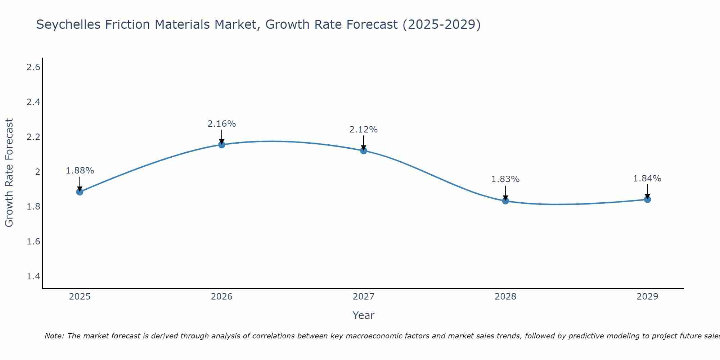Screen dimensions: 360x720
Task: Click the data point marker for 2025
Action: pyautogui.click(x=80, y=192)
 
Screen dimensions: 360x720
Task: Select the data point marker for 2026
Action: pyautogui.click(x=222, y=145)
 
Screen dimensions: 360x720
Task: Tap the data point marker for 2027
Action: pyautogui.click(x=364, y=150)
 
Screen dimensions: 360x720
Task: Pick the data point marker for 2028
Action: pyautogui.click(x=505, y=201)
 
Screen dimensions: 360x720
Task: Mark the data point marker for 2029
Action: pyautogui.click(x=647, y=199)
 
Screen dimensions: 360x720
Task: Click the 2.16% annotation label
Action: pyautogui.click(x=222, y=124)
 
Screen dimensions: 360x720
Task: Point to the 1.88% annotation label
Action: pyautogui.click(x=80, y=171)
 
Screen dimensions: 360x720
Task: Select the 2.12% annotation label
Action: pyautogui.click(x=364, y=130)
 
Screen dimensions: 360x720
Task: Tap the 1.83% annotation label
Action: pyautogui.click(x=505, y=179)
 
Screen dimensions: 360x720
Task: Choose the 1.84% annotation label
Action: pyautogui.click(x=647, y=179)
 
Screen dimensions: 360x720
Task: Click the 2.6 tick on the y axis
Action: pyautogui.click(x=33, y=67)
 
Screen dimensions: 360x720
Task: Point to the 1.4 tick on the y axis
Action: pyautogui.click(x=33, y=276)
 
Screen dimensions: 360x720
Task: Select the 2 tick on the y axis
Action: pyautogui.click(x=37, y=172)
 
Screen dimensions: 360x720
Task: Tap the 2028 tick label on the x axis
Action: pyautogui.click(x=505, y=297)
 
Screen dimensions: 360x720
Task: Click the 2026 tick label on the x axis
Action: pyautogui.click(x=222, y=297)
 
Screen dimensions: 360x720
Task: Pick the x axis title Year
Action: pyautogui.click(x=364, y=315)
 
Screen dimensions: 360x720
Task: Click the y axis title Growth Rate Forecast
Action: pyautogui.click(x=9, y=173)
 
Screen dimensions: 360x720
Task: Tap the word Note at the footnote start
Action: pyautogui.click(x=54, y=336)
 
